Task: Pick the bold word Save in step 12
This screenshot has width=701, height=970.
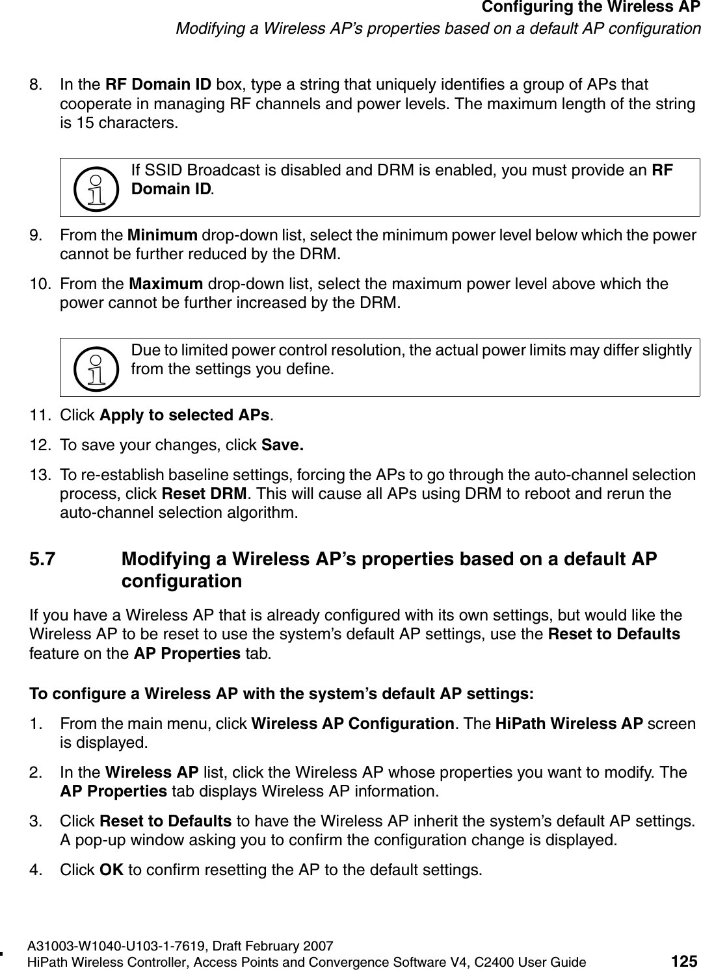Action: [282, 446]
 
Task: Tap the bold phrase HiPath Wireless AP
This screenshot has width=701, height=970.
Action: [569, 723]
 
